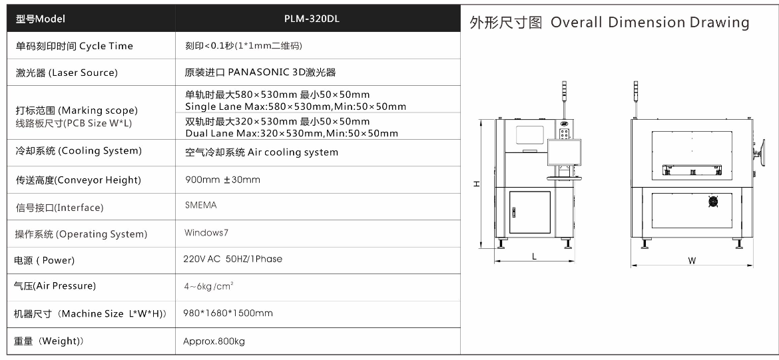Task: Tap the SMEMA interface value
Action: click(200, 206)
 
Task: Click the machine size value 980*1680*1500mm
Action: click(228, 313)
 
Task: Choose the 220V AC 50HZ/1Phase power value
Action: click(232, 259)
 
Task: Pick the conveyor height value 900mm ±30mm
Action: click(222, 180)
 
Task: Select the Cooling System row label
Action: click(79, 151)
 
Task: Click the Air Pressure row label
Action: click(55, 286)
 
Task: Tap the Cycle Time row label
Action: click(74, 46)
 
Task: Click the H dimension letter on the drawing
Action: click(475, 184)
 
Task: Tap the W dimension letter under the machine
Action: click(692, 260)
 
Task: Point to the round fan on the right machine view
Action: click(714, 200)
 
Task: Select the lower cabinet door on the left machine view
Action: click(530, 213)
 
